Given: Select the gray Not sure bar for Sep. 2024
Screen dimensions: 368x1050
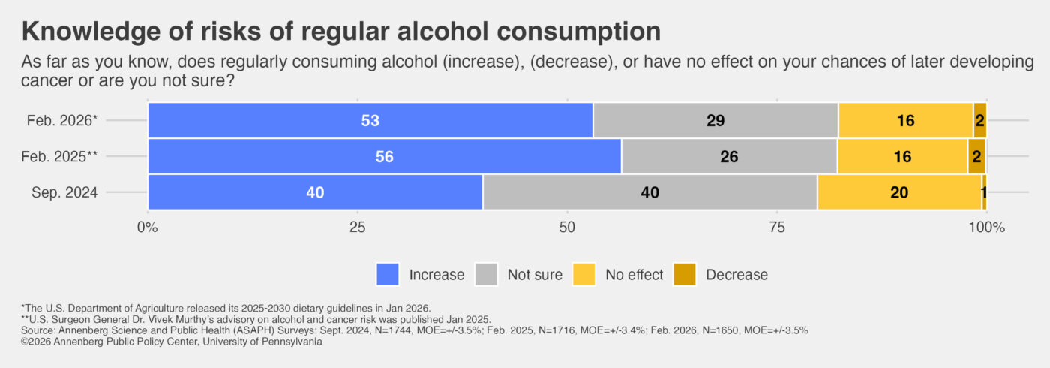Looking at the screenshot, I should pos(649,192).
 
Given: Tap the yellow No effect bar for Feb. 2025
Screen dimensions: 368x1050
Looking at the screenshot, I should pos(901,156).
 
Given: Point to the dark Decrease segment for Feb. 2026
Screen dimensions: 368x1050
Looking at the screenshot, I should pos(979,120).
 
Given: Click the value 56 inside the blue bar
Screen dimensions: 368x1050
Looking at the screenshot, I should pos(384,157).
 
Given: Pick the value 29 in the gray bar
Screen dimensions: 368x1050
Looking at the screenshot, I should pos(715,121).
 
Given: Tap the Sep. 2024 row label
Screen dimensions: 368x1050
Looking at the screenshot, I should pos(64,193).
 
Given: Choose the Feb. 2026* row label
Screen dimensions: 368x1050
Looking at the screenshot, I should pos(64,121).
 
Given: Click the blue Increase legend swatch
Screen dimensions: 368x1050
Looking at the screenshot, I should pos(388,274).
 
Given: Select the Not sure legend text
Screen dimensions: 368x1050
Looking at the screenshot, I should pos(534,275).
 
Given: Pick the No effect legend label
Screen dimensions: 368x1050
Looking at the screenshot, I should pos(634,275).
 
